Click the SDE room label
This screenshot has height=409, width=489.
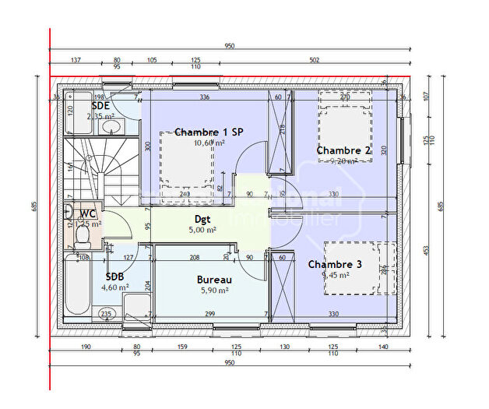tap(100, 105)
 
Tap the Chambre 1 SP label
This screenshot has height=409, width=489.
tap(209, 132)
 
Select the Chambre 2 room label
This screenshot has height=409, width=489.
tap(343, 150)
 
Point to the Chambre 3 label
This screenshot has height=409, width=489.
tap(335, 265)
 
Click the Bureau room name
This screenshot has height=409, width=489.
tap(212, 279)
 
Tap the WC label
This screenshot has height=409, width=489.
tap(86, 213)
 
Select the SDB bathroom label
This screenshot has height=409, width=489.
tap(115, 275)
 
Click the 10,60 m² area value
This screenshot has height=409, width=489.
tap(209, 143)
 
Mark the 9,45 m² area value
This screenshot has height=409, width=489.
tap(335, 275)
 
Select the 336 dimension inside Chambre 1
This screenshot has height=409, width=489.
tap(205, 97)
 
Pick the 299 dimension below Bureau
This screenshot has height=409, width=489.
tap(209, 314)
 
